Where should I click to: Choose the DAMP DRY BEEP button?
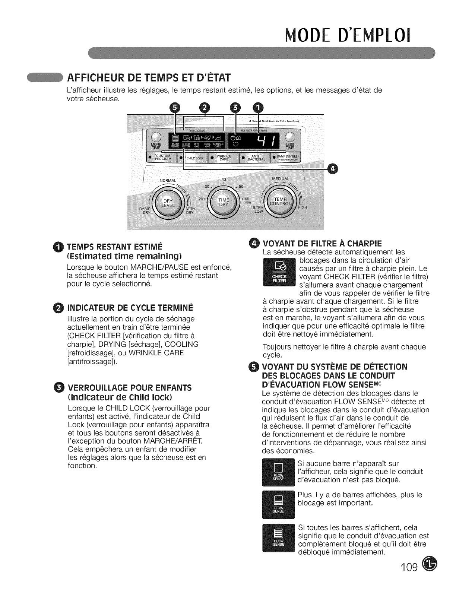point(288,157)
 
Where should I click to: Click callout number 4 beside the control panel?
point(333,170)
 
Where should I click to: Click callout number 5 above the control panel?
point(174,108)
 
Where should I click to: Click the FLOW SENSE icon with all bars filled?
point(279,539)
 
